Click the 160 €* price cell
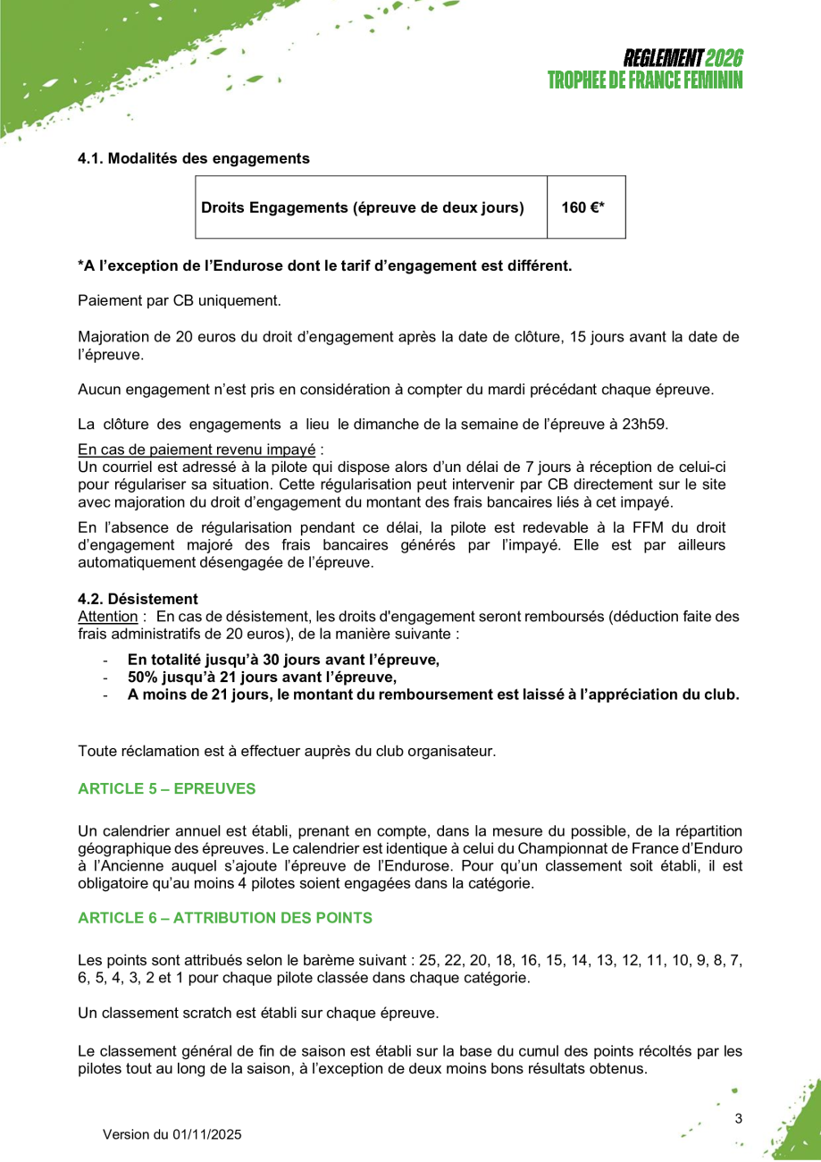click(584, 207)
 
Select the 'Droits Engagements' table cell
click(363, 207)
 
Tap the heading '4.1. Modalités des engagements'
click(194, 158)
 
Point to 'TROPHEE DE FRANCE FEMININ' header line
click(645, 80)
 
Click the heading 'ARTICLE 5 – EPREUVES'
click(166, 788)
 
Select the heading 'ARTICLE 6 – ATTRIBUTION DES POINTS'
click(225, 918)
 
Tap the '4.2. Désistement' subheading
click(138, 599)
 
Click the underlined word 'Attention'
click(107, 617)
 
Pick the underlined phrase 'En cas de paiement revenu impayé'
click(197, 449)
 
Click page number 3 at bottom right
click(739, 1118)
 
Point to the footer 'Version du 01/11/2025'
click(172, 1135)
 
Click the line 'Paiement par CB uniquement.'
click(180, 300)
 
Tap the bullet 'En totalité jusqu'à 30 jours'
click(283, 661)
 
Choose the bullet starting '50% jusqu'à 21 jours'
click(262, 678)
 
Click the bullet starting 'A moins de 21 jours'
click(433, 695)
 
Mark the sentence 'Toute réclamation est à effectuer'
click(287, 751)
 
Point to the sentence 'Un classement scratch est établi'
click(258, 1014)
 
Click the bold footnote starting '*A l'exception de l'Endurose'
click(324, 265)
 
